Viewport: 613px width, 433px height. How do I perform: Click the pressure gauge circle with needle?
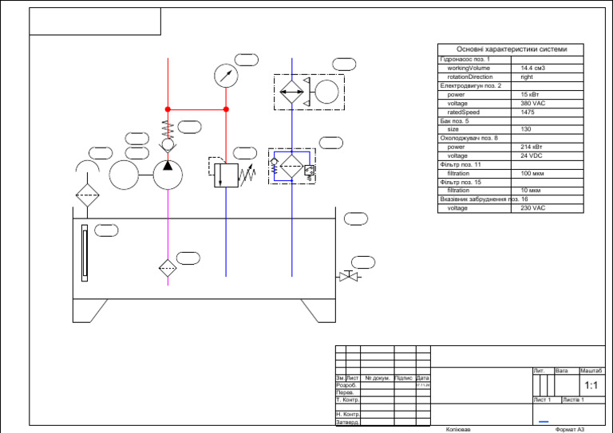227,76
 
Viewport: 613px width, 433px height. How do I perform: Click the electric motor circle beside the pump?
124,175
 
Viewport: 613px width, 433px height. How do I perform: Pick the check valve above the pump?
168,145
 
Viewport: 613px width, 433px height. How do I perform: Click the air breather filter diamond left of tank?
86,196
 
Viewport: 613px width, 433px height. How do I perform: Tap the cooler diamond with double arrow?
292,93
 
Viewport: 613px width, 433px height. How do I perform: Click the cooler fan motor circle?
327,93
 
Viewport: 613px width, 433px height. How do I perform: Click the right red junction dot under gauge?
226,109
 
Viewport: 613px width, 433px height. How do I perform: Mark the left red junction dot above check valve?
168,109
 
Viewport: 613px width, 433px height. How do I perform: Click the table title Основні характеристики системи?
511,49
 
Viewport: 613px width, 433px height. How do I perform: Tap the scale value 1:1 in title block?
591,385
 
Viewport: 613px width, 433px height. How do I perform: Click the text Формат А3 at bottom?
570,429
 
